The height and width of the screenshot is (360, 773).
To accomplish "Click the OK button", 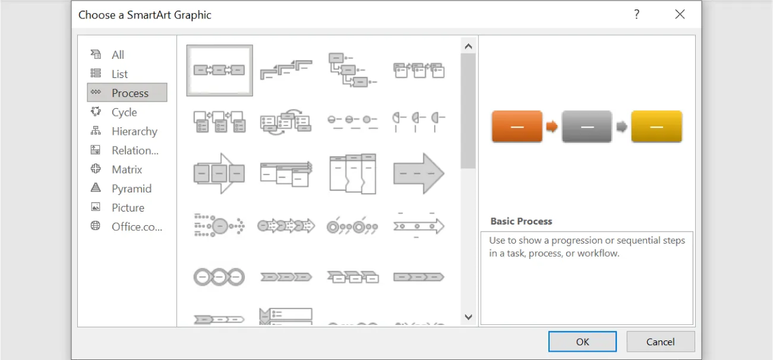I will click(582, 342).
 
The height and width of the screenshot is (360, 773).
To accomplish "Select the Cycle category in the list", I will click(124, 112).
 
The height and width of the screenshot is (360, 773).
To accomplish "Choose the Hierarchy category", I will click(134, 131).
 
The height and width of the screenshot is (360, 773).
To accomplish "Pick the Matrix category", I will click(127, 169).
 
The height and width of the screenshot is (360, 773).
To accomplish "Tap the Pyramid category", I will click(131, 188).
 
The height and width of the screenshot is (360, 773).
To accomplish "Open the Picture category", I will click(128, 207).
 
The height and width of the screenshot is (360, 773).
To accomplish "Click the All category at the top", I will click(118, 55).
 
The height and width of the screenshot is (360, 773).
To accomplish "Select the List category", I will click(119, 74).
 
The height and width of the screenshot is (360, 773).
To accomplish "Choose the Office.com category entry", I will click(136, 226).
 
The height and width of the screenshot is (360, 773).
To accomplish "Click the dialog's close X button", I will click(680, 15).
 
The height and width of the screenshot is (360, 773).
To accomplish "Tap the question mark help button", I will click(637, 15).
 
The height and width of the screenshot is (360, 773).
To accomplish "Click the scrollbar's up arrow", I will click(468, 46).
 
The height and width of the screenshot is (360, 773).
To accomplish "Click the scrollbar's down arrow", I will click(468, 317).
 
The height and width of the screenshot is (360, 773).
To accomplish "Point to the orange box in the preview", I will click(517, 126).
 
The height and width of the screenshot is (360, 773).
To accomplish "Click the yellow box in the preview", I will click(657, 126).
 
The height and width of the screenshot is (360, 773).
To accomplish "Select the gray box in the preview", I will click(586, 126).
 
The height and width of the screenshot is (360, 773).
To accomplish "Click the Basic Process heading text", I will click(521, 221).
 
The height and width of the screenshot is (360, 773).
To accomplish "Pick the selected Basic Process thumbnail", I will click(219, 70).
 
